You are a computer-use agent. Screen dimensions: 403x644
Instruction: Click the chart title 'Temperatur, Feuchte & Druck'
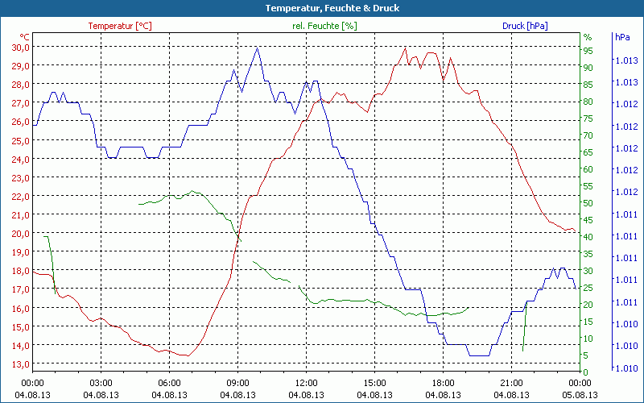[321, 8]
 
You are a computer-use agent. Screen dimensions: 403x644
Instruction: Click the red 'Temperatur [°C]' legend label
[119, 26]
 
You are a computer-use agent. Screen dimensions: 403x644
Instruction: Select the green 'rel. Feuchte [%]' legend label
[324, 26]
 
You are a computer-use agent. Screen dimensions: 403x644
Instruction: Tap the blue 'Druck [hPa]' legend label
[525, 26]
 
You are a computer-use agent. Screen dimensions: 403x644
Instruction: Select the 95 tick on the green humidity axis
[588, 50]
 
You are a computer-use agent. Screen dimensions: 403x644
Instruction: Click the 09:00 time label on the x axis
[237, 383]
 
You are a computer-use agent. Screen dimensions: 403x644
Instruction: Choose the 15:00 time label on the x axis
[374, 383]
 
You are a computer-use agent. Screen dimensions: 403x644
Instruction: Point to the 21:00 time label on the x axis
[511, 383]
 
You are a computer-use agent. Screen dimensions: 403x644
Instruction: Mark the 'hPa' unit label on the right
[622, 37]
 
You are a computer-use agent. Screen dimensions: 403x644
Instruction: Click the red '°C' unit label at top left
[25, 37]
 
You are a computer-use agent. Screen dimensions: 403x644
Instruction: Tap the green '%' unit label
[587, 37]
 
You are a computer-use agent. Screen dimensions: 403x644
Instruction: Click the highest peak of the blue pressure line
[258, 48]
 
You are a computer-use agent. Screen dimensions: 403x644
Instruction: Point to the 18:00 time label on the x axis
[443, 383]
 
